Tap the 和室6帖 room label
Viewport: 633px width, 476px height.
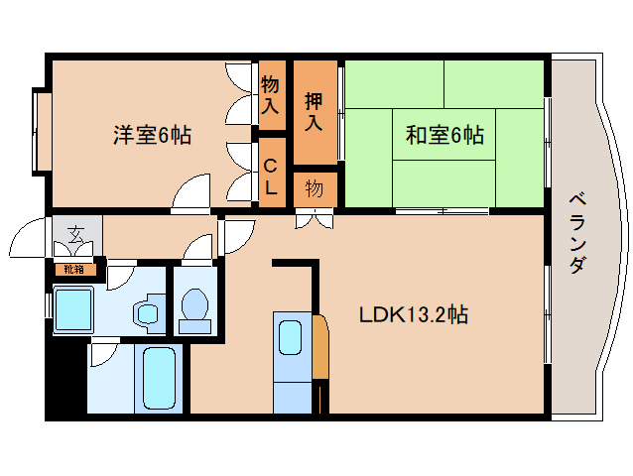[443, 136]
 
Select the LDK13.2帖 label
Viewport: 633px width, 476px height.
[414, 316]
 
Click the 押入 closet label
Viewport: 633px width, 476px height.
[315, 111]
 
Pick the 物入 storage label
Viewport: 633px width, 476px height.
[270, 93]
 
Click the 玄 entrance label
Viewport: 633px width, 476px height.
[75, 235]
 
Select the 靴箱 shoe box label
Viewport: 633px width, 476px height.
[74, 268]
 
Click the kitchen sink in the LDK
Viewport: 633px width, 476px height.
[291, 337]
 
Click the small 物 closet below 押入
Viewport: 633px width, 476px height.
[315, 188]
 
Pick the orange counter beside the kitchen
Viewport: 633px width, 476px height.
[319, 347]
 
